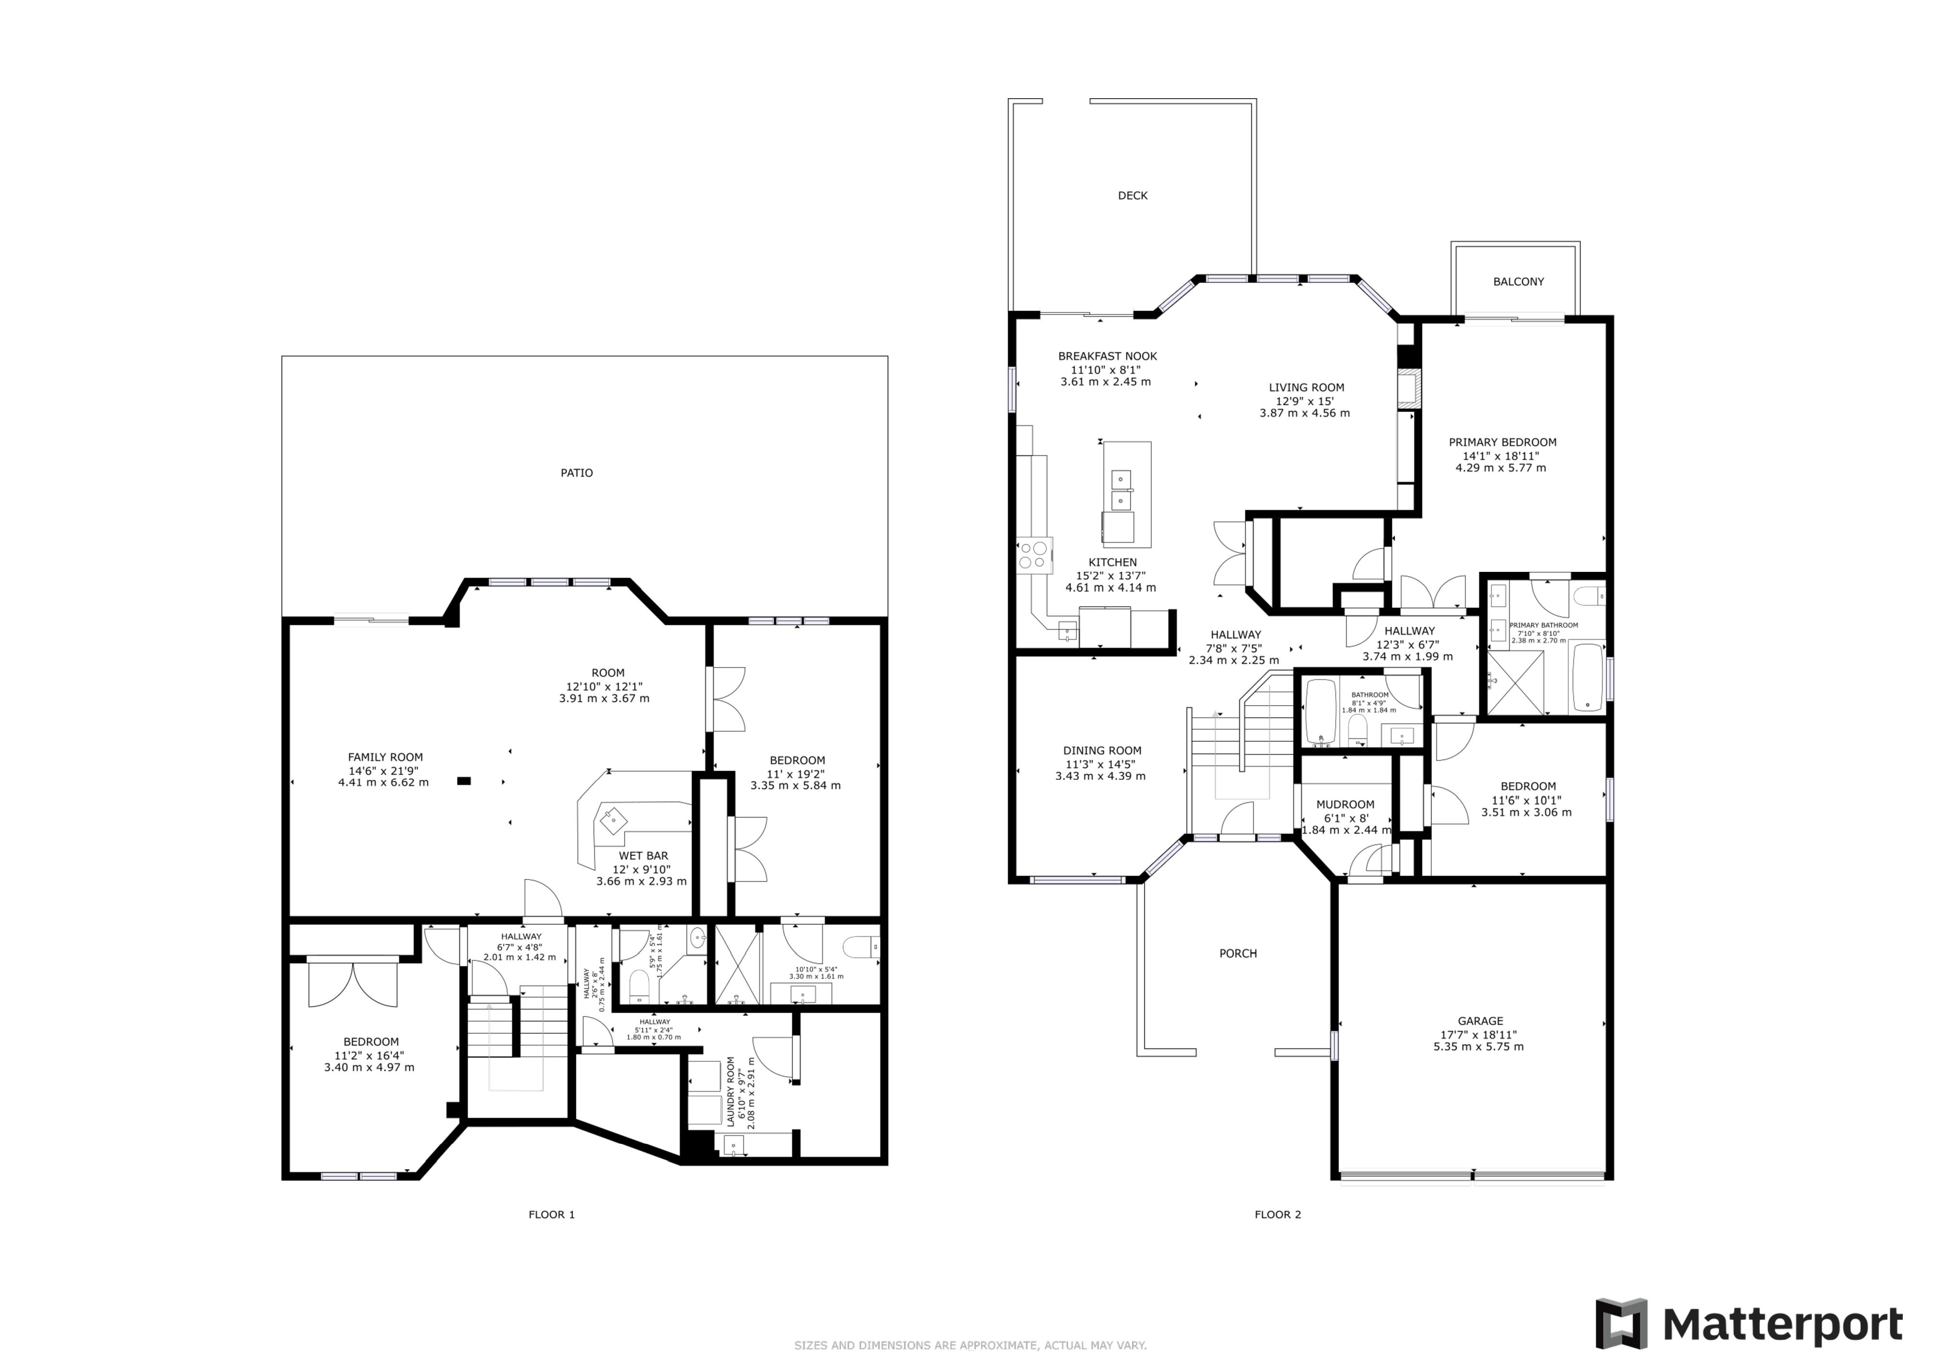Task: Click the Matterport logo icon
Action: [x=1621, y=1323]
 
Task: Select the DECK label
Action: [x=1133, y=195]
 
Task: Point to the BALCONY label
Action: [x=1519, y=282]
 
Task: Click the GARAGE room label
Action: [x=1481, y=1021]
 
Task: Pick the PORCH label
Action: [x=1238, y=954]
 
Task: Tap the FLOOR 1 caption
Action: [x=552, y=1215]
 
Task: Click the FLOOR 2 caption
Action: [x=1278, y=1215]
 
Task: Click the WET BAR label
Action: [x=643, y=856]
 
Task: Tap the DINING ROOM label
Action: [x=1102, y=750]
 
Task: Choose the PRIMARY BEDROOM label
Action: [x=1502, y=442]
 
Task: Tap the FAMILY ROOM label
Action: [x=385, y=757]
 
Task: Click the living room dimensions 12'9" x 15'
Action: [x=1305, y=401]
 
